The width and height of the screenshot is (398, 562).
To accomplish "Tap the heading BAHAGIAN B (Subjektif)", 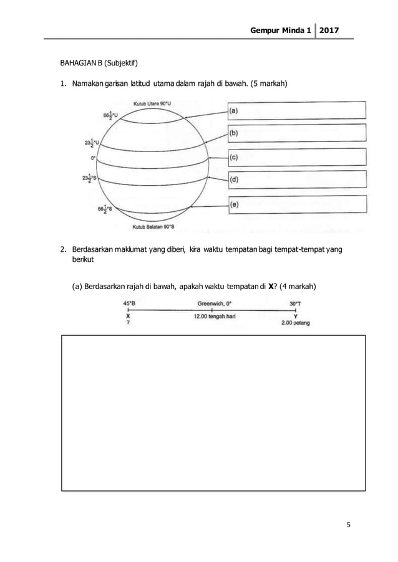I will (99, 64).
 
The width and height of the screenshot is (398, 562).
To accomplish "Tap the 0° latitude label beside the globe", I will (93, 158).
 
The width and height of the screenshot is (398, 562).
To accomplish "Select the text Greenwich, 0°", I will (214, 303).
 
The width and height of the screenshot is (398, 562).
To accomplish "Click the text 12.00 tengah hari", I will (214, 317).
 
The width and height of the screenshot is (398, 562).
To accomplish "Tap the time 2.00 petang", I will (296, 323).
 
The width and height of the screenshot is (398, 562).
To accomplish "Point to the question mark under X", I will (128, 323).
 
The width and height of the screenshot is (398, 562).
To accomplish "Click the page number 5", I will (349, 524).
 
